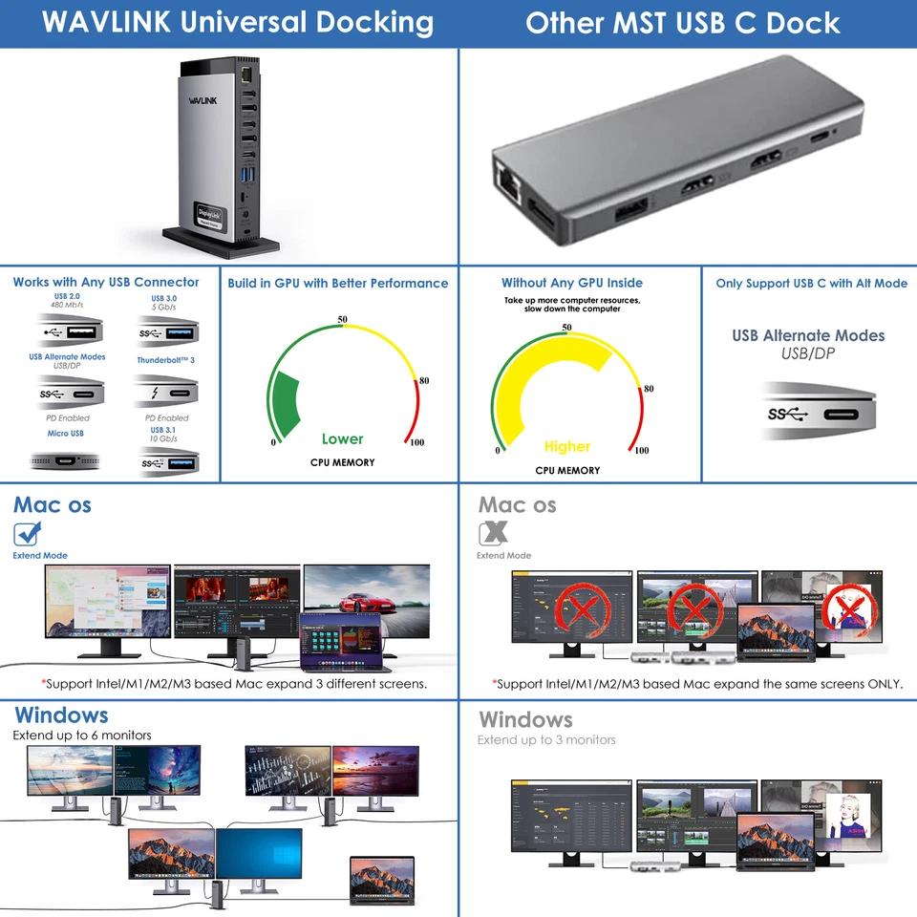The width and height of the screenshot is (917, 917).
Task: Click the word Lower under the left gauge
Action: (x=342, y=439)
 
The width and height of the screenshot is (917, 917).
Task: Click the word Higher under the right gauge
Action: (x=567, y=446)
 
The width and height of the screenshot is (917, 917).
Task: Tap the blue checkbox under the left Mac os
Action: (x=27, y=534)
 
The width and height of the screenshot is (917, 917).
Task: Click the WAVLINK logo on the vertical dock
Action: (x=203, y=98)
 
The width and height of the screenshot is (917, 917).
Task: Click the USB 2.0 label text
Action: (x=68, y=297)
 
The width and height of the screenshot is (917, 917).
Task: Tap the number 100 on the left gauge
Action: (x=416, y=442)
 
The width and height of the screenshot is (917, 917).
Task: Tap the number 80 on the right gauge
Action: (x=649, y=389)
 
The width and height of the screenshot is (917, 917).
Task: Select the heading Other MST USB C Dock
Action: (x=683, y=23)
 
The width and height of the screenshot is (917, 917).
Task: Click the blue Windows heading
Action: (x=61, y=715)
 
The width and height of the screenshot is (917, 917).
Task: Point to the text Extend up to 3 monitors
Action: (x=546, y=740)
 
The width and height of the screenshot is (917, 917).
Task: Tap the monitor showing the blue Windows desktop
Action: (x=259, y=853)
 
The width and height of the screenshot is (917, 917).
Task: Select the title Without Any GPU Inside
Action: (x=572, y=283)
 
